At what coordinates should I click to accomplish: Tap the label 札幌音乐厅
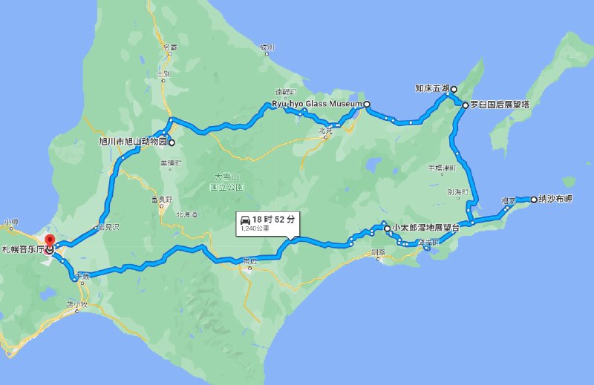pos(23,250)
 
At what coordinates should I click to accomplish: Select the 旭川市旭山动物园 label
pos(133,142)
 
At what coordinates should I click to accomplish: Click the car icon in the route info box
pos(244,219)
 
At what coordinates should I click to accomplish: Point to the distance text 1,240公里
pos(254,229)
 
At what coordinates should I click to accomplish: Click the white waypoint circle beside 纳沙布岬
pos(534,199)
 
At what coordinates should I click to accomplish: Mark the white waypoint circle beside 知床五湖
pos(454,89)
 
